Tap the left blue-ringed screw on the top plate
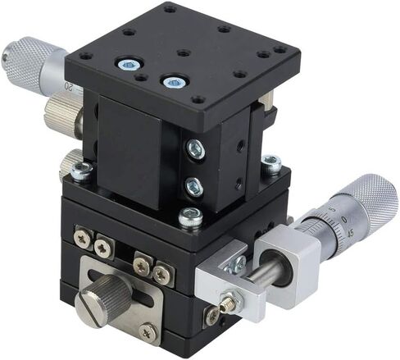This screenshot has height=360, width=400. pyautogui.click(x=128, y=64)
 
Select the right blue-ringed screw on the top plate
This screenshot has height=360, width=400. pyautogui.click(x=173, y=82)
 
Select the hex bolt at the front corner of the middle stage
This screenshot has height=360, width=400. pyautogui.click(x=190, y=216)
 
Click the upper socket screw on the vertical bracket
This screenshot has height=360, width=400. pyautogui.click(x=195, y=149)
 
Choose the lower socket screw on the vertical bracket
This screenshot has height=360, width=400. pyautogui.click(x=194, y=187)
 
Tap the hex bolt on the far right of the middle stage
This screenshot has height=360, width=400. pyautogui.click(x=270, y=163)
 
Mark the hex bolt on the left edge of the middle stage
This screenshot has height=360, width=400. pyautogui.click(x=81, y=171)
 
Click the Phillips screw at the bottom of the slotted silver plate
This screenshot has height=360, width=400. pyautogui.click(x=148, y=331)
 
